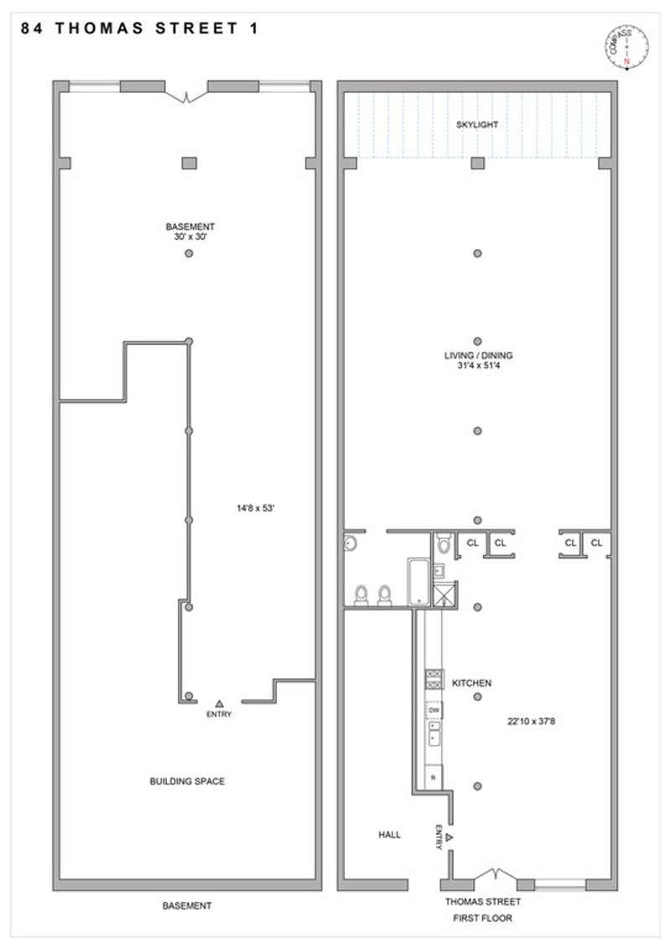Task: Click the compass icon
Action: (627, 48)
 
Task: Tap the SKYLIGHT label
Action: (477, 125)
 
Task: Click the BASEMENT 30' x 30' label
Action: (190, 232)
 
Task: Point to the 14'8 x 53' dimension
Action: (256, 508)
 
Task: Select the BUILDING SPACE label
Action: (187, 781)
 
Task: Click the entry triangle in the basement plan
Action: (220, 703)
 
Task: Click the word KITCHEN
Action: (471, 683)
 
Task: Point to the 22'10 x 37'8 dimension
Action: (531, 722)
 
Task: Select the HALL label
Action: (390, 835)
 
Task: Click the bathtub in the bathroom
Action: (419, 581)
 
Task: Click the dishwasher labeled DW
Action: (434, 710)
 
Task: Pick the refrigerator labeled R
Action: (434, 776)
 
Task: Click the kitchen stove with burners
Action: (434, 679)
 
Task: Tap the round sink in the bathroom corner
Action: (350, 544)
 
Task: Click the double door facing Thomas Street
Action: (496, 877)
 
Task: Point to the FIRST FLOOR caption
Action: (482, 918)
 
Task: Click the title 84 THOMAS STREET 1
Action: (140, 29)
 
